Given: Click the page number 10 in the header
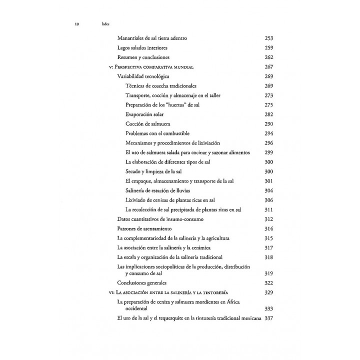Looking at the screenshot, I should click(76, 23).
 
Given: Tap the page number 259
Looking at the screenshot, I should click(269, 47).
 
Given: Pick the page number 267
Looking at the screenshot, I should click(269, 66).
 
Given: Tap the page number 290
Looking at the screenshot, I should click(269, 123).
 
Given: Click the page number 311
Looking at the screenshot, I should click(269, 209).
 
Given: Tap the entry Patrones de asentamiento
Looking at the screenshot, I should click(143, 228).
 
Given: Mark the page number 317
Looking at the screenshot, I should click(269, 247).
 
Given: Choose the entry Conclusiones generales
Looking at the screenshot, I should click(144, 283).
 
